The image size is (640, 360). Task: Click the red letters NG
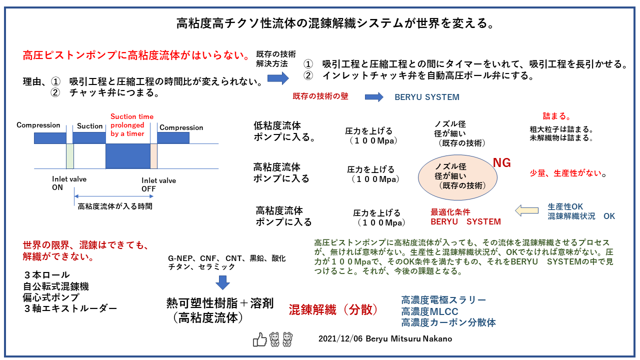coord(502,162)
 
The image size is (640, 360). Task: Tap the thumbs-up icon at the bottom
coord(259,339)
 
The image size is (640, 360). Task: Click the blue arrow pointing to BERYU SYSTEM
coord(374,97)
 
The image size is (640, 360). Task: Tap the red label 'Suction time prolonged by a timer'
coord(132,125)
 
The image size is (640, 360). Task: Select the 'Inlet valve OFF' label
coord(158,184)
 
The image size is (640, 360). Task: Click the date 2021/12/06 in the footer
coord(340,339)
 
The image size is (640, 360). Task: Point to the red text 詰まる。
coord(557,116)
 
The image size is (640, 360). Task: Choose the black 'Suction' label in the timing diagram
coord(90,126)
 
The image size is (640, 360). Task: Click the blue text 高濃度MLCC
coord(429,311)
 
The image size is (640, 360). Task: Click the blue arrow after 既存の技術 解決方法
coord(278,77)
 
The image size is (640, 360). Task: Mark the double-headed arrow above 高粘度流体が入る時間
coord(112,196)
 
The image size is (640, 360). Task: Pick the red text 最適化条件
coord(450,212)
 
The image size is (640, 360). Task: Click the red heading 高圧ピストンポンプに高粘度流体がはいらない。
coord(136,55)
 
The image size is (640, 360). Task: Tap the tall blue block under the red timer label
coord(128,155)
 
